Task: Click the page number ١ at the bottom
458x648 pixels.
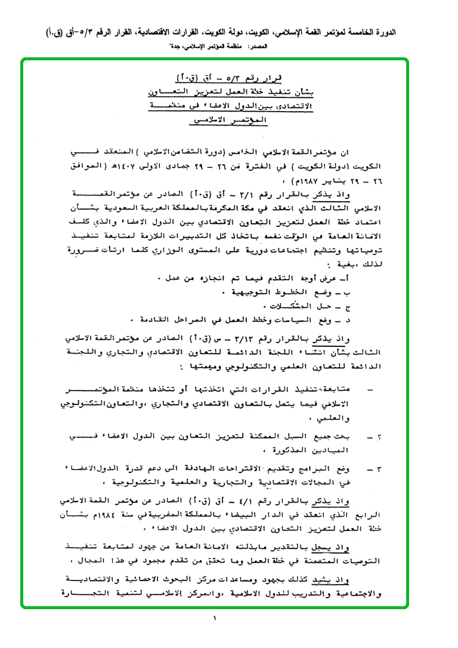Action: click(x=213, y=619)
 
